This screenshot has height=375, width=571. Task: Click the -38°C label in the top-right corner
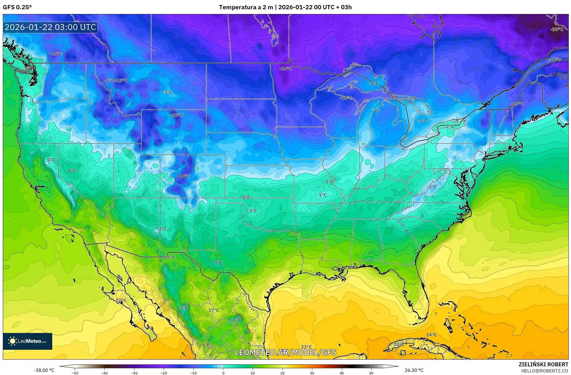557,29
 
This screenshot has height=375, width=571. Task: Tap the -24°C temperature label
286,69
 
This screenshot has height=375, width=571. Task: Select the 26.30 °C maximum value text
414,370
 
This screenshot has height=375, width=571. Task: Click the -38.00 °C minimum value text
44,370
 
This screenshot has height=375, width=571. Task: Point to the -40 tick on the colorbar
104,373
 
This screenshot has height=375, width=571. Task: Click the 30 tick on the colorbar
312,373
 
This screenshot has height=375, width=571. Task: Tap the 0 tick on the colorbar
223,373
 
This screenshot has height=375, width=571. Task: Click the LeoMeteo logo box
28,341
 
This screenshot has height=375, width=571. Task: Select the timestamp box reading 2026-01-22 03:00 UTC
50,27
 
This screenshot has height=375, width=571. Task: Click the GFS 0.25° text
17,7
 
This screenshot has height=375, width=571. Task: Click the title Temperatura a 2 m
246,7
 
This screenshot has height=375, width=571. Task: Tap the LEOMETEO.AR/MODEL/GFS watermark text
285,352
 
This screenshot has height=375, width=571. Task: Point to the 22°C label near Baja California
121,300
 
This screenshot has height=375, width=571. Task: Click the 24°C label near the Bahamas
431,335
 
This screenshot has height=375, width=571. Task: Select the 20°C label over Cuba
399,344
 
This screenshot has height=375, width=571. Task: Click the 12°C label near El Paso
169,257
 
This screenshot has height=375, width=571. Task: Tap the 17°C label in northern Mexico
213,310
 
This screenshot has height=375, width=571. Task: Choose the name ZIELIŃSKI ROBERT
543,364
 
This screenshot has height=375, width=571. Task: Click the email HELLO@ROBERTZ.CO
545,371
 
